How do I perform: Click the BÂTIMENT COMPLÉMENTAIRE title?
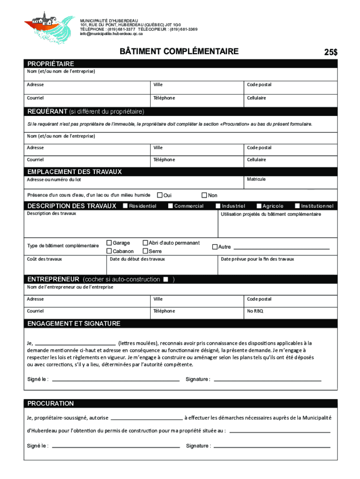(x=180, y=51)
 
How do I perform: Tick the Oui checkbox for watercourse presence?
(x=159, y=195)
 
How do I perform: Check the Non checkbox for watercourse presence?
(x=204, y=195)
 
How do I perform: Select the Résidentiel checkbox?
(x=125, y=206)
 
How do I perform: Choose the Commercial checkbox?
(x=170, y=206)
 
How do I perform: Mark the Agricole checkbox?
(x=259, y=206)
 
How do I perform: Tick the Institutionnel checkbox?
(x=297, y=206)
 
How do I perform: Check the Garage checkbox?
(x=109, y=243)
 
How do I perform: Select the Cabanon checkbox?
(x=109, y=251)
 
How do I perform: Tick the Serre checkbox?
(x=145, y=251)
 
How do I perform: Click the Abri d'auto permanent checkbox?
(x=145, y=243)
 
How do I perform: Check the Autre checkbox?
(x=215, y=247)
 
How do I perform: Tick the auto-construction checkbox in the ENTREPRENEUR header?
(x=166, y=279)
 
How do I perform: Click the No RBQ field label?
(x=255, y=311)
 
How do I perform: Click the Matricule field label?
(x=256, y=179)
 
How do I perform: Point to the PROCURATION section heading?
(x=50, y=403)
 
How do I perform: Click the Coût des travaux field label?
(x=44, y=259)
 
